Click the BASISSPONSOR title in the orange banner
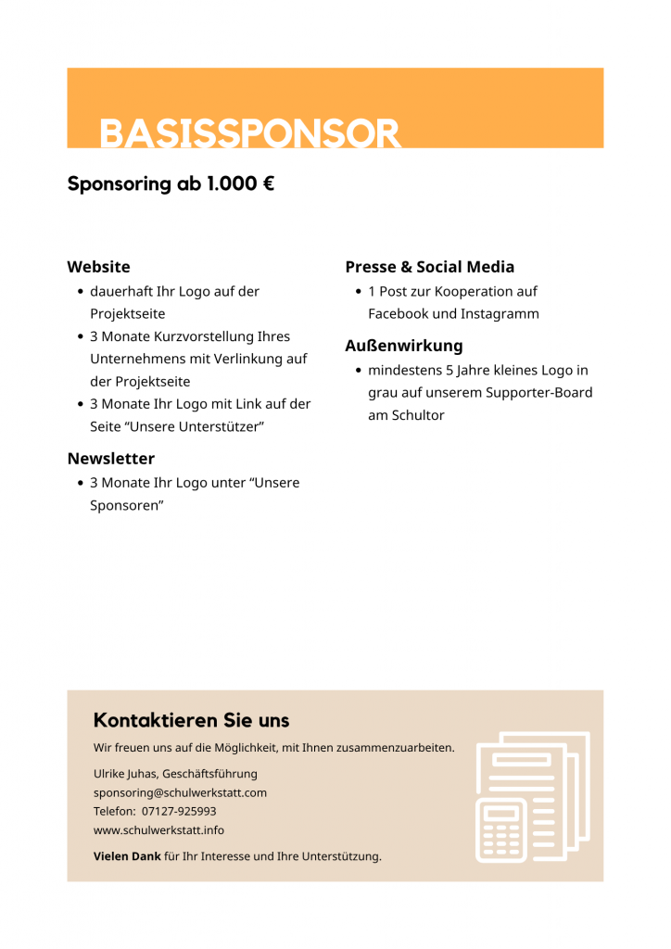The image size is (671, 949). click(250, 133)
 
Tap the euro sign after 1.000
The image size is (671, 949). click(268, 183)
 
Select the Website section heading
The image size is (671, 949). click(98, 267)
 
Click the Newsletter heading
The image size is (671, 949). click(110, 459)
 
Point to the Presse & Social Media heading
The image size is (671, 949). click(429, 267)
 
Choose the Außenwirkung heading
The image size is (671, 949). click(403, 346)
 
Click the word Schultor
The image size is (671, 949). click(417, 415)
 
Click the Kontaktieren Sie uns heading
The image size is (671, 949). click(191, 720)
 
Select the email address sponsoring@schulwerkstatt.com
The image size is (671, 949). click(180, 792)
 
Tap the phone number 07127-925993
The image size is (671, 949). click(179, 811)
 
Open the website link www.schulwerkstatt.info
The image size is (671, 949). click(158, 829)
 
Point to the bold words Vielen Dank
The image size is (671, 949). click(127, 856)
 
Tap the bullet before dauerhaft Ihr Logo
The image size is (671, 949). click(80, 292)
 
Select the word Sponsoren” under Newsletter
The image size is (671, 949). click(126, 505)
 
